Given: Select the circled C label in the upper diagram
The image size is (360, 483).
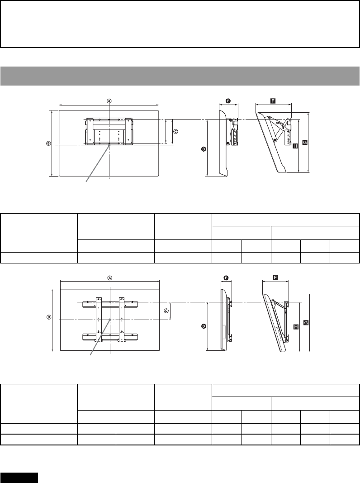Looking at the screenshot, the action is (175, 132).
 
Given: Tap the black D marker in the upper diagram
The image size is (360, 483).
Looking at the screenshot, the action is (204, 149).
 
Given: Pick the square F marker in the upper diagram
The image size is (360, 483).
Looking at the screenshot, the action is (273, 100).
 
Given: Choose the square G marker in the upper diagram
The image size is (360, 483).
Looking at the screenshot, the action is (305, 142).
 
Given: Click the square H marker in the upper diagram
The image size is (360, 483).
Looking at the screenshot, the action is (295, 146).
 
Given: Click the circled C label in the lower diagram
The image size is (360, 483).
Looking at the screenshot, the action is (166, 311).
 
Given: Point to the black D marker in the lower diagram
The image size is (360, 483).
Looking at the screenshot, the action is (204, 326).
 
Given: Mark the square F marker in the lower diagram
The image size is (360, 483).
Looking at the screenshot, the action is (275, 277).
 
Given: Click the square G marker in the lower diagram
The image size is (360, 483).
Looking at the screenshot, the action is (306, 323).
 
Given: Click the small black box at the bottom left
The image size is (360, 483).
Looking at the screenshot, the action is (19, 478).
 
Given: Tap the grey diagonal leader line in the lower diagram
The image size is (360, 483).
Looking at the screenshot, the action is (101, 337).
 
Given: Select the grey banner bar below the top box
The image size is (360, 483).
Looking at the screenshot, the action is (180, 76).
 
